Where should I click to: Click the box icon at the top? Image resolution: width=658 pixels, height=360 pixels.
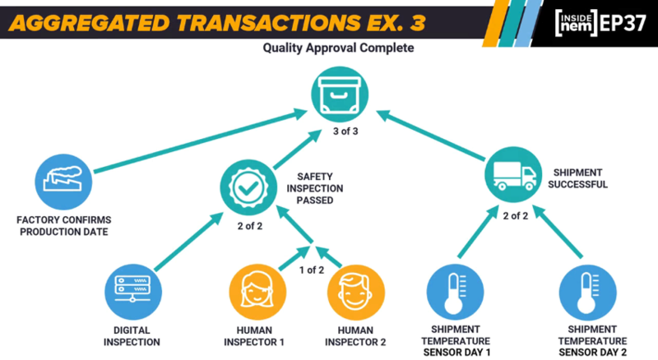[340, 95]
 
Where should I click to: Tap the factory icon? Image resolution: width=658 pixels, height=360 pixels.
[63, 182]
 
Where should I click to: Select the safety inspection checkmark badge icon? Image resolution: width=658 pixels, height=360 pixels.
[248, 187]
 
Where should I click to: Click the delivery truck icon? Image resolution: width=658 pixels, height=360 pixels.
[513, 174]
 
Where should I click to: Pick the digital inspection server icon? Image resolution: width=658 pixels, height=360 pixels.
[133, 292]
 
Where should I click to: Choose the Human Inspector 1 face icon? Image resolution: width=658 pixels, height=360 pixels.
[257, 292]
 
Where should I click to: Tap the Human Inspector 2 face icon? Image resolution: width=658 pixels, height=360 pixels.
[356, 293]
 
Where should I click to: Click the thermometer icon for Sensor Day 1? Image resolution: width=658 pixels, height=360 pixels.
[455, 293]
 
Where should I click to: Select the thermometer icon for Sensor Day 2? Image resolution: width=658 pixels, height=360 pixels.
[587, 293]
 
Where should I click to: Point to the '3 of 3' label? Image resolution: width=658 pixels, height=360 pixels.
[345, 132]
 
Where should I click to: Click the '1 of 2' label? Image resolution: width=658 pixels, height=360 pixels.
[312, 270]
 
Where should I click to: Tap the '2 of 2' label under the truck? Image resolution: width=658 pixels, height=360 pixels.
[516, 215]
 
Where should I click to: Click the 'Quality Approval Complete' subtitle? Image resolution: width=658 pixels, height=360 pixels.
[338, 48]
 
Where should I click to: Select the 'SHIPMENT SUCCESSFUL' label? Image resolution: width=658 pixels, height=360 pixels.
[577, 178]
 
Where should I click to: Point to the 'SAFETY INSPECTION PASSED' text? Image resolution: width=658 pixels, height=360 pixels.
[315, 188]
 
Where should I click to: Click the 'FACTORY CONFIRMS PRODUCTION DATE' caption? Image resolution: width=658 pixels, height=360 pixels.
[64, 226]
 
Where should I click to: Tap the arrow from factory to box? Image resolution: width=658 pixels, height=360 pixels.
[201, 141]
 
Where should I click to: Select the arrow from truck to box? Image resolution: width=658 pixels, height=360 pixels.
[430, 135]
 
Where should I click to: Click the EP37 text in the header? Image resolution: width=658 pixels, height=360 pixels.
[623, 23]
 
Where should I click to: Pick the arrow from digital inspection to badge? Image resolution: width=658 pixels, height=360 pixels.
[189, 242]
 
